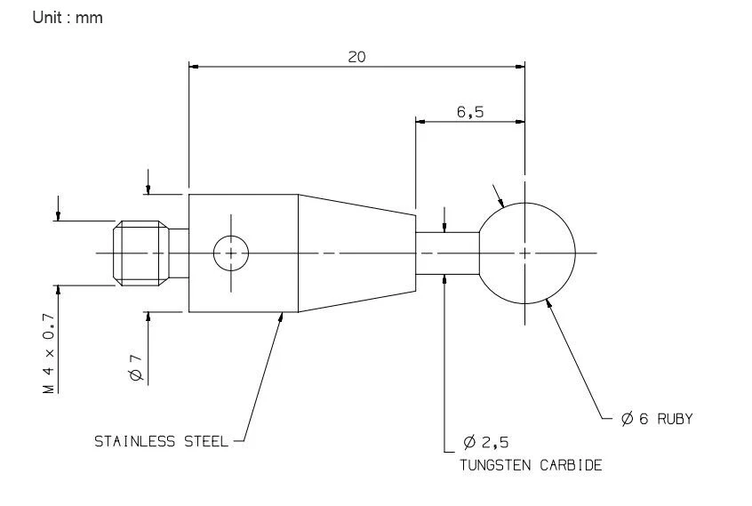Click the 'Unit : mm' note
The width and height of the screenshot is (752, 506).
(68, 19)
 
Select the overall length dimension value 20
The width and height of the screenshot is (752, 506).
(356, 57)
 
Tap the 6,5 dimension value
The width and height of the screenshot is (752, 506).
(470, 112)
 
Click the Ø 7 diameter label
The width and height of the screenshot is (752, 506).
(136, 367)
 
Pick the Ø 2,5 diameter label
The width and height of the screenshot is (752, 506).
(486, 442)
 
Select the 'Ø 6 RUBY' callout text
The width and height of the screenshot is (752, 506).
(657, 419)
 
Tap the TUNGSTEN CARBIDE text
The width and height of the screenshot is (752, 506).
(530, 465)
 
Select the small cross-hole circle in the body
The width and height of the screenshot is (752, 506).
(231, 253)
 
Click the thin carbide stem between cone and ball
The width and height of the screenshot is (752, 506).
(448, 253)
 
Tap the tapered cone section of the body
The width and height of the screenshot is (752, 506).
(356, 253)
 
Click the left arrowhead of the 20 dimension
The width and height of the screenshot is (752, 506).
(195, 66)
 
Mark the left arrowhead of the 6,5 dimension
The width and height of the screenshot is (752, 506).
(420, 121)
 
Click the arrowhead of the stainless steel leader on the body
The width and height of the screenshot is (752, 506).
(282, 316)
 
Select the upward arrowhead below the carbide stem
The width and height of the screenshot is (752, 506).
(443, 280)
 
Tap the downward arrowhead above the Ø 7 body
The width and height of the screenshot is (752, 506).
(148, 189)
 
